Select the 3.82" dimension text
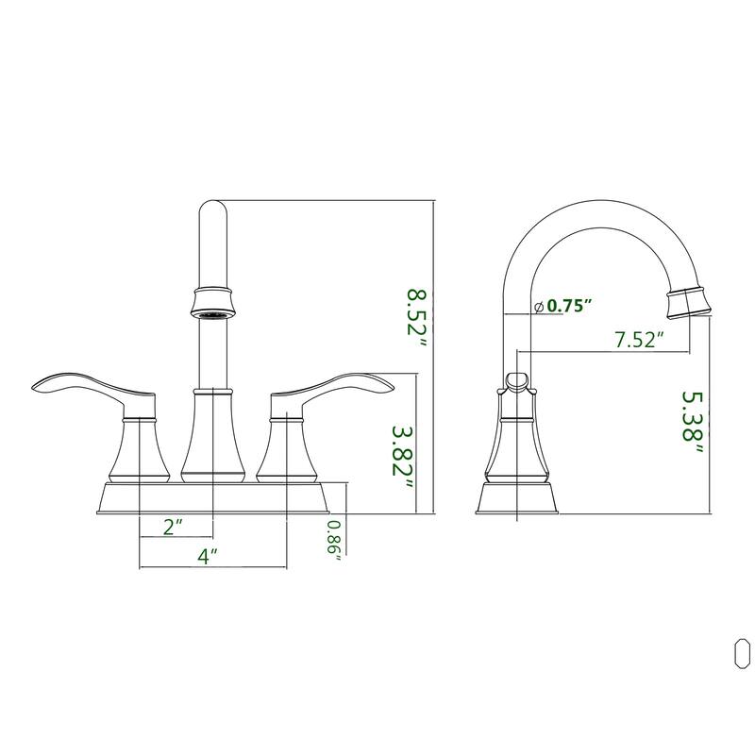tap(403, 458)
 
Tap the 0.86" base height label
tap(334, 541)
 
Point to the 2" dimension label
tap(174, 527)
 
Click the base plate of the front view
tap(212, 497)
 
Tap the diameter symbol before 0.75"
tap(537, 307)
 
